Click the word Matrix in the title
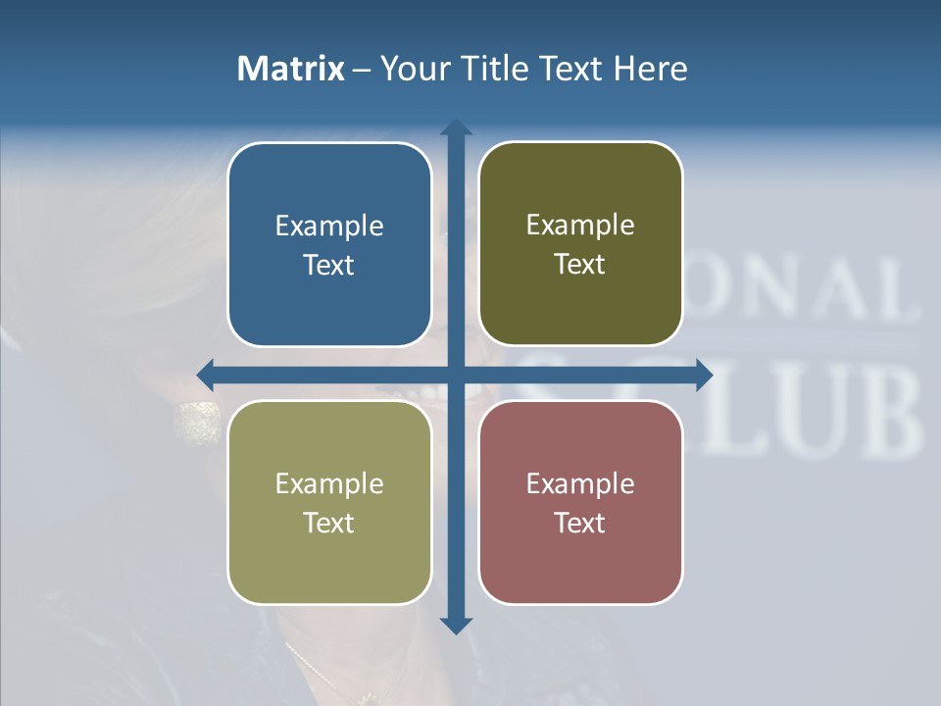tap(291, 69)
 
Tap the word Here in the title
tap(650, 69)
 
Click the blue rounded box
tap(329, 244)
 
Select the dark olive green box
tap(580, 244)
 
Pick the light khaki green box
tap(329, 502)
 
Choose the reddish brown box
tap(580, 502)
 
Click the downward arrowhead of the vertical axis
tap(456, 625)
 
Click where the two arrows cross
tap(456, 375)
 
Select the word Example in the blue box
tap(329, 227)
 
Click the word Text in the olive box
tap(580, 265)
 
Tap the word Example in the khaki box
tap(329, 484)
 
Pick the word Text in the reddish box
tap(580, 523)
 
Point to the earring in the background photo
tap(197, 423)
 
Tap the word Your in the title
tap(412, 69)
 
